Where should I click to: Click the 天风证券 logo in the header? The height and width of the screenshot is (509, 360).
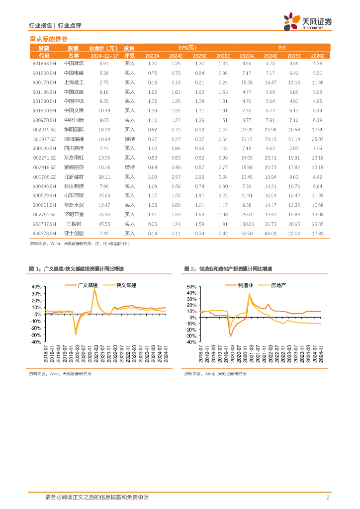tap(308, 22)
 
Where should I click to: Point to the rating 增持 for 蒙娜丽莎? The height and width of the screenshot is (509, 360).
tap(130, 168)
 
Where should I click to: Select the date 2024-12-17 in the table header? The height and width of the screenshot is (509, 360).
tap(103, 56)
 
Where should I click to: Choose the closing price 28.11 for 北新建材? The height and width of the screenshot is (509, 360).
tap(104, 177)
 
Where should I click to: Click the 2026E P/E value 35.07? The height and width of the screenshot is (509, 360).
tap(317, 139)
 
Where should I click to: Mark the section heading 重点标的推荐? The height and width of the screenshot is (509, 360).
tap(49, 39)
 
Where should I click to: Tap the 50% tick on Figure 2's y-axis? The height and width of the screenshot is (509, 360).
tap(192, 287)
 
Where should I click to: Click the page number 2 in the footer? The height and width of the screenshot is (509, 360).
tap(328, 498)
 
